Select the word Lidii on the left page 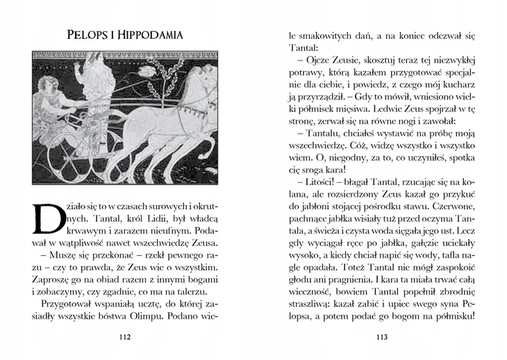pyautogui.click(x=140, y=218)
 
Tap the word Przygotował pyautogui.click(x=69, y=304)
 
